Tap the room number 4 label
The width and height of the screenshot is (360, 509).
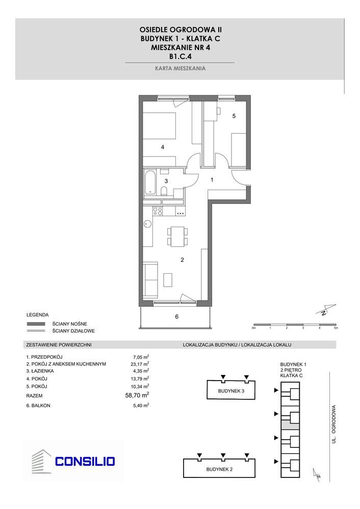point(162,147)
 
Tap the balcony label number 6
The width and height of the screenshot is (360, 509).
point(176,317)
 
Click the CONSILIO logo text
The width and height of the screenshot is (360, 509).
point(85,462)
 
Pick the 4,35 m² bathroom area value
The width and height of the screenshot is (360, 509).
point(140,371)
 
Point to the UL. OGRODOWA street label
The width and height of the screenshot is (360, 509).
point(335,423)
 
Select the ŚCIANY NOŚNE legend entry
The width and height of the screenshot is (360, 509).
point(69,324)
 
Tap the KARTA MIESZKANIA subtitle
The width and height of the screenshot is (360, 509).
point(180,68)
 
